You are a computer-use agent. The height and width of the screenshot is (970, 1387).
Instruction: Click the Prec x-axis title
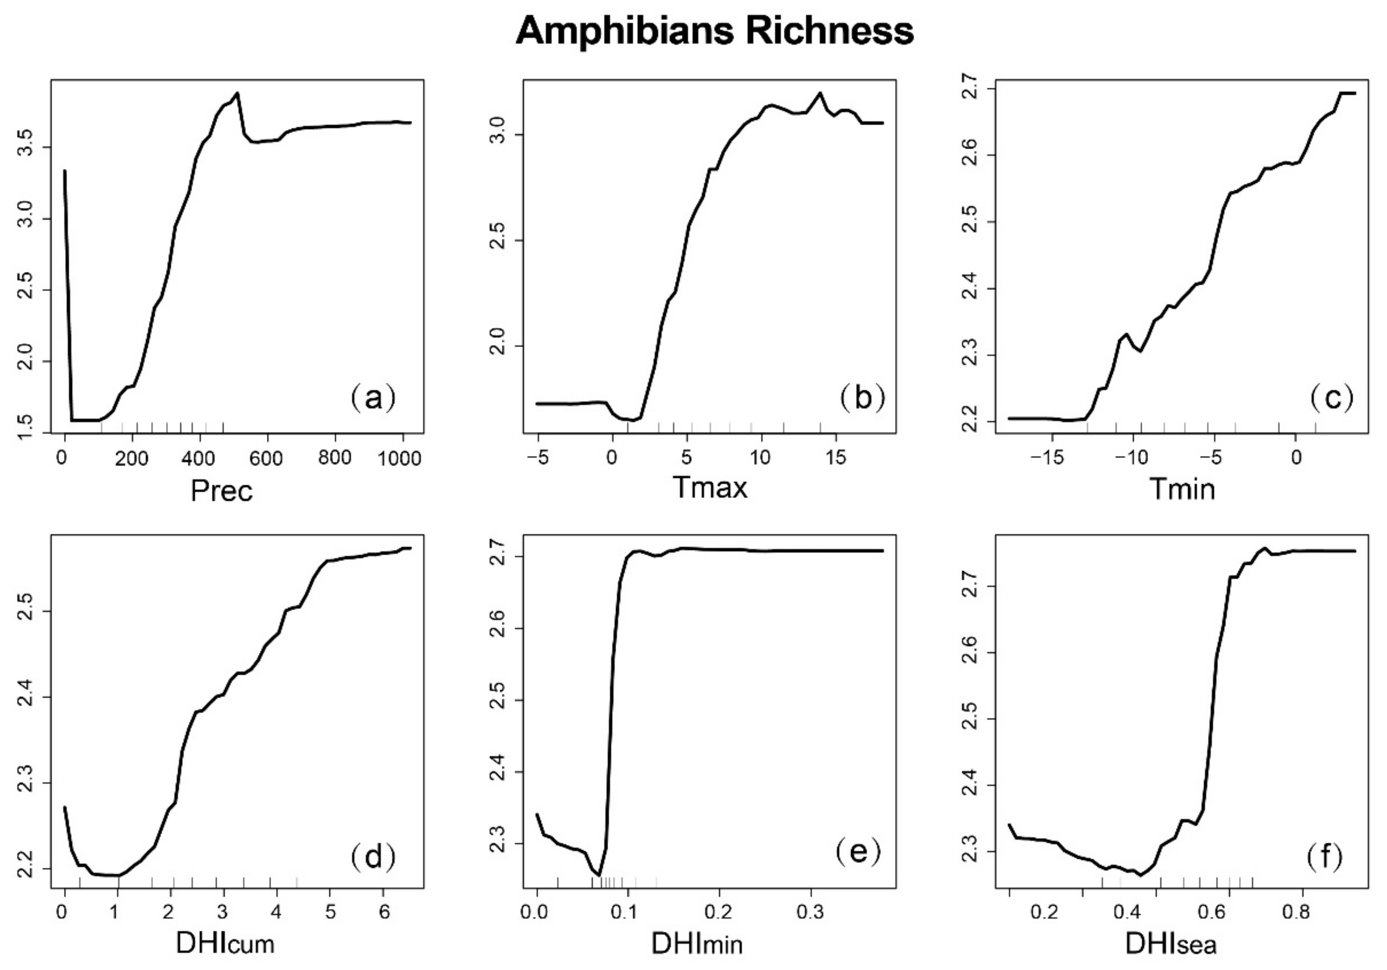221,491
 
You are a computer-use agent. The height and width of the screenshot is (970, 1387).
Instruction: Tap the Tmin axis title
1182,489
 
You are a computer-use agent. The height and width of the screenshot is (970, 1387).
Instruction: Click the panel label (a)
373,398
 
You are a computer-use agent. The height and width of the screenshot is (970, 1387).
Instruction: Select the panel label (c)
1332,398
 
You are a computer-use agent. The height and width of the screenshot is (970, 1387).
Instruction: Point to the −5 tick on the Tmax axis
537,459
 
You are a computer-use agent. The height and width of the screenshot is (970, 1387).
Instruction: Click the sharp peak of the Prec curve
238,93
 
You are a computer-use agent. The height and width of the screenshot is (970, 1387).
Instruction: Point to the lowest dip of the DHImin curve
599,875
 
